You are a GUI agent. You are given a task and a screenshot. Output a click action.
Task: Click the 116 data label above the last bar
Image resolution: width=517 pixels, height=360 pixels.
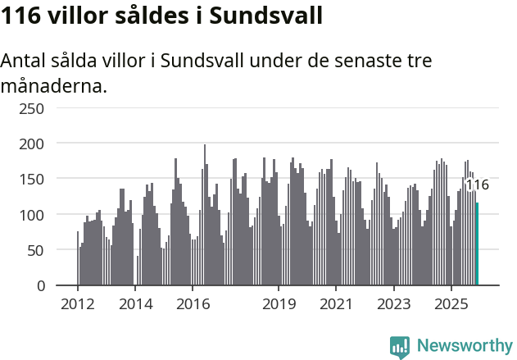click(x=477, y=185)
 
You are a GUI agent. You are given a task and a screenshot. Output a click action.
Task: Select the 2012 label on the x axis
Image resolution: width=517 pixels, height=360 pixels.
click(x=78, y=304)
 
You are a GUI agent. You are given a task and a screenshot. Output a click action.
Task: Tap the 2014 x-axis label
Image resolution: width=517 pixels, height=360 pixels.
click(x=135, y=304)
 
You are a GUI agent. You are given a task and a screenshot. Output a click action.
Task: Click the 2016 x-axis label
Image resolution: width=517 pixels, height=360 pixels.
click(x=193, y=304)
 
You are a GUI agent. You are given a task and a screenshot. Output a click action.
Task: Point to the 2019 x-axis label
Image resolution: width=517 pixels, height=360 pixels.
click(x=279, y=304)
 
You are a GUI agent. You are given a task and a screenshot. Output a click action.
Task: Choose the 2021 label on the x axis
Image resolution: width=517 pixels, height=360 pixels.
click(x=336, y=304)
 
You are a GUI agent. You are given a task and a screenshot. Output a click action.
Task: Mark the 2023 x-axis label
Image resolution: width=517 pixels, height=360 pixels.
click(x=393, y=304)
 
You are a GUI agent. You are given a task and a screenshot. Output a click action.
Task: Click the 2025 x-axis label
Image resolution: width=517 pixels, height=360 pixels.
click(x=451, y=304)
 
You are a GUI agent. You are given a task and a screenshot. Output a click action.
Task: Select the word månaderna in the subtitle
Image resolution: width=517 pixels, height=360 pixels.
click(x=54, y=85)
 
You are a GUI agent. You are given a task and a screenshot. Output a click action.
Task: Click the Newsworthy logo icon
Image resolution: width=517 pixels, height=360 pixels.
click(x=399, y=346)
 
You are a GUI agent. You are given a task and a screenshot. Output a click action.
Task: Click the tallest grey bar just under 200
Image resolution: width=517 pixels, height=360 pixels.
click(x=205, y=216)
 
